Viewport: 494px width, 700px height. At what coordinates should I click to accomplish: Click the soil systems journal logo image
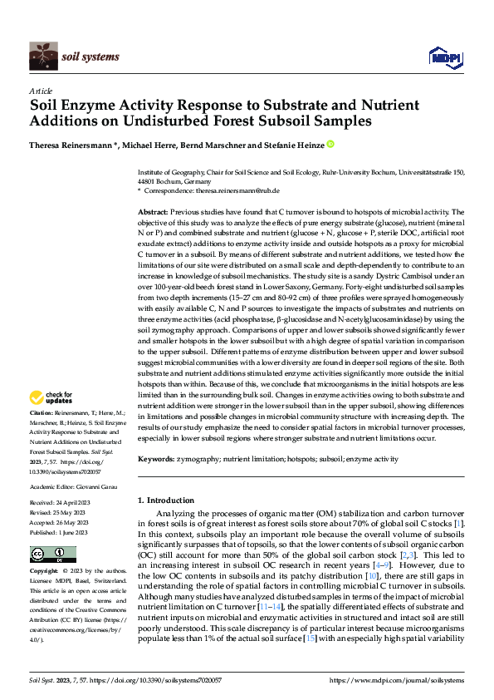[x=44, y=57]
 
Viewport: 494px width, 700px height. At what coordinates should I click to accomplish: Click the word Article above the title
[x=41, y=91]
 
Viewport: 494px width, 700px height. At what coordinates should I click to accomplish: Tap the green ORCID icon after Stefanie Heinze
[x=331, y=145]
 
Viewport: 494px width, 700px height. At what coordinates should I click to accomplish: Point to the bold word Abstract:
[x=153, y=212]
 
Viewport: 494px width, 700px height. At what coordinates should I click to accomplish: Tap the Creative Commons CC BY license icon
[x=43, y=555]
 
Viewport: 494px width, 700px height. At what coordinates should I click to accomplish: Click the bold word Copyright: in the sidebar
[x=44, y=572]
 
